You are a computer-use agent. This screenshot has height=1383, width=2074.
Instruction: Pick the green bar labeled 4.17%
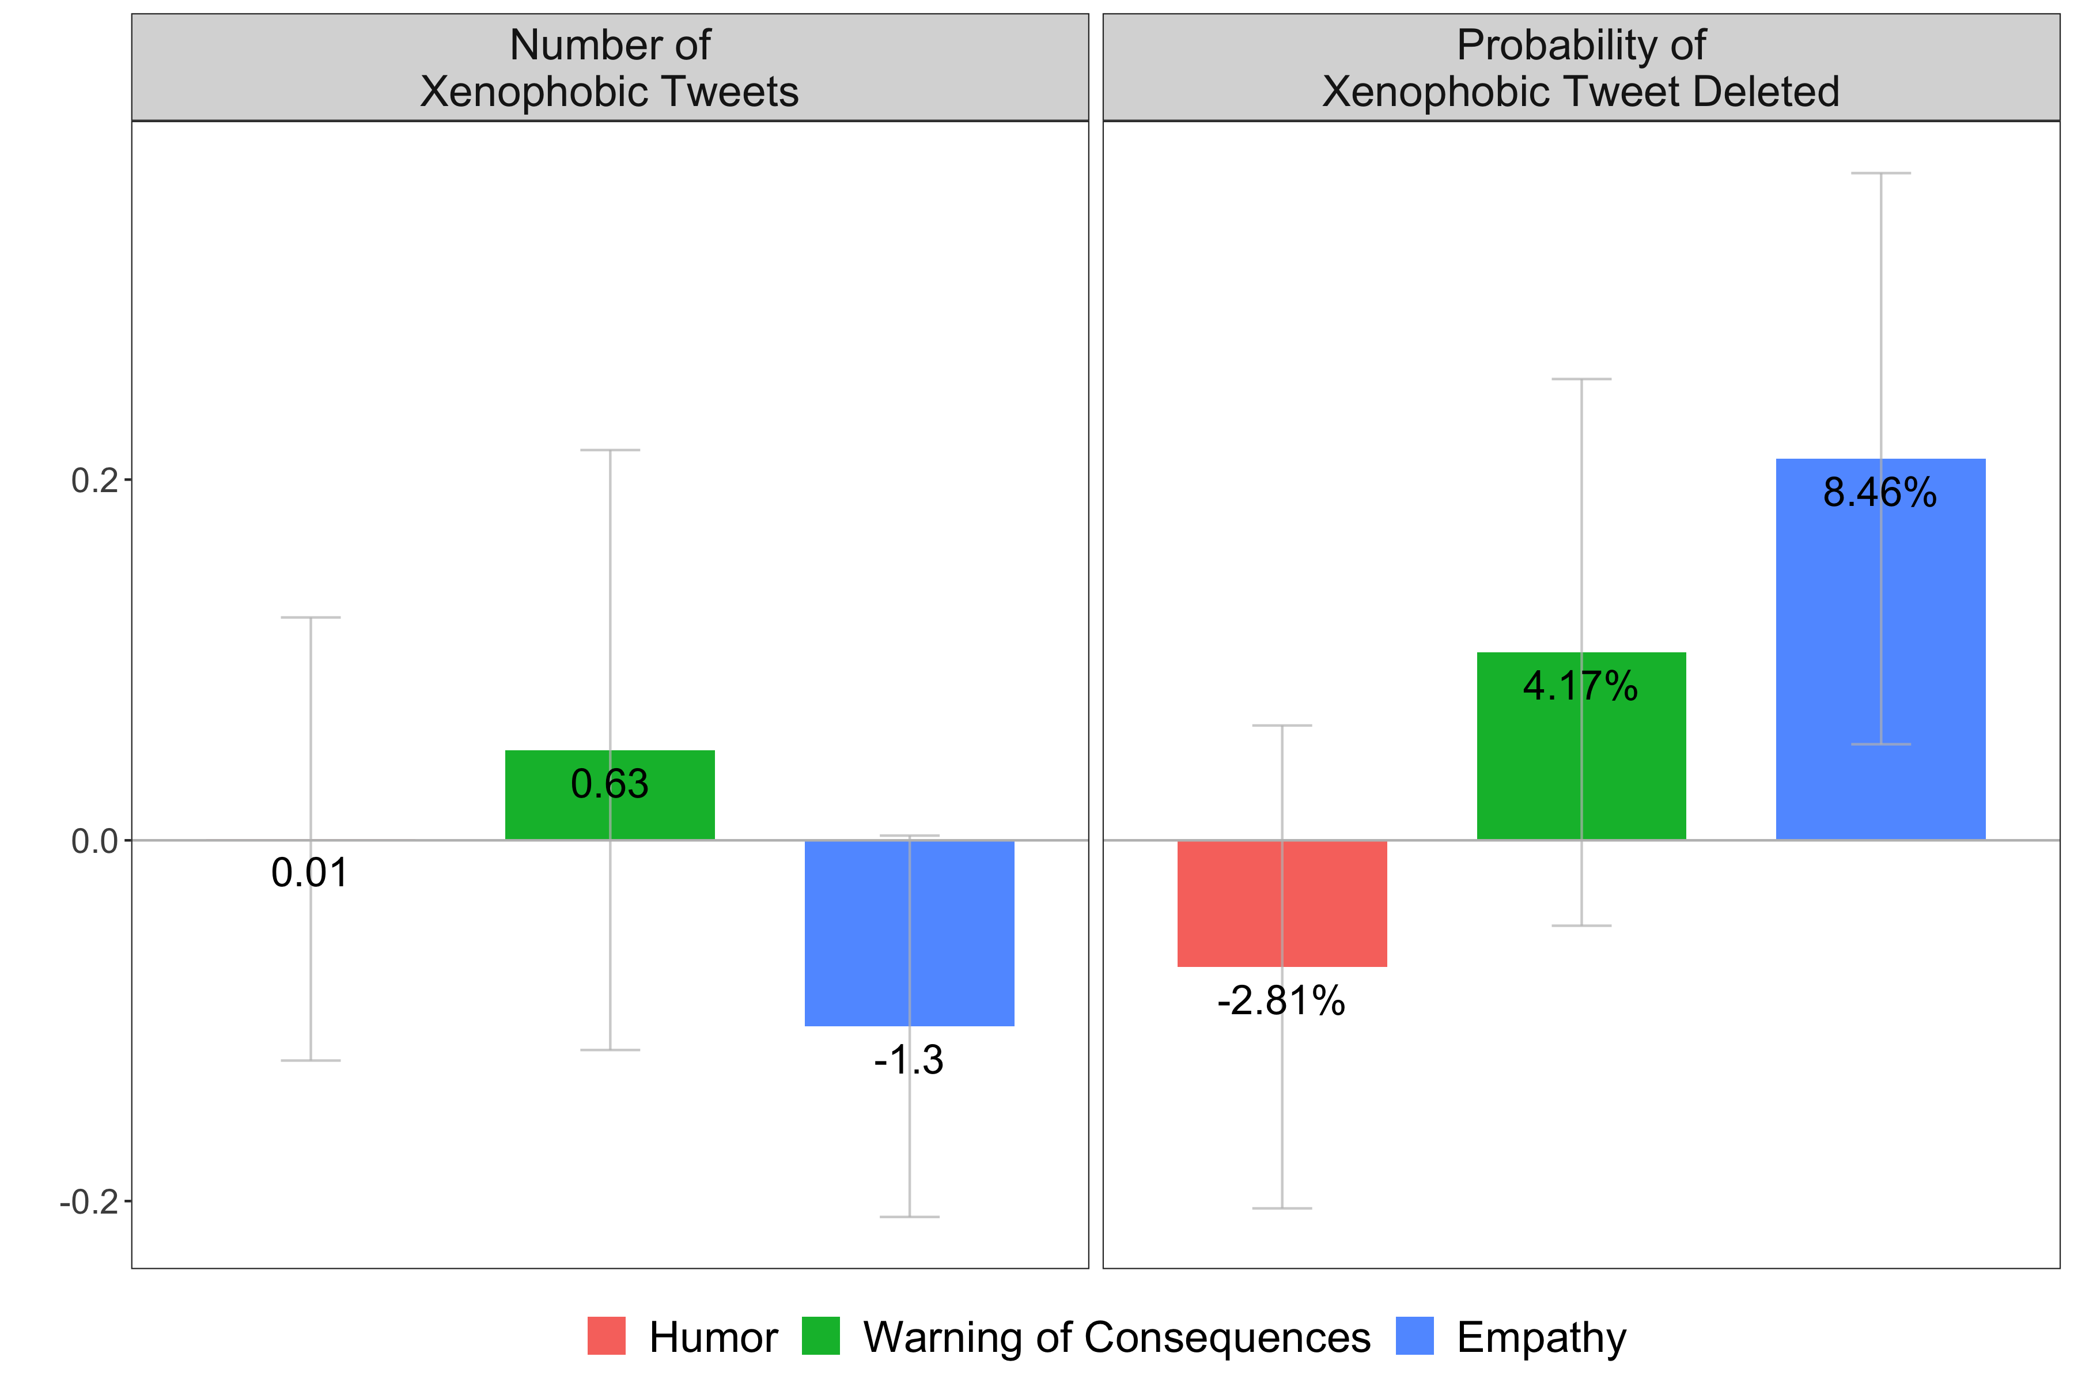1534,768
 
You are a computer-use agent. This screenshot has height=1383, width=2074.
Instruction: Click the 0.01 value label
311,873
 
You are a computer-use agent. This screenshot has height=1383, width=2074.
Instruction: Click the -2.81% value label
1281,1001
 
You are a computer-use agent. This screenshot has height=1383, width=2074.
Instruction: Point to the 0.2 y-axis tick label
94,481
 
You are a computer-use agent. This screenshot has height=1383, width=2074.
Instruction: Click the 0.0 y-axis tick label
94,841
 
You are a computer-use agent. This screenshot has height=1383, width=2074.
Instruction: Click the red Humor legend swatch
607,1336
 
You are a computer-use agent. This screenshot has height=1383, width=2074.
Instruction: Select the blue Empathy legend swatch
1414,1336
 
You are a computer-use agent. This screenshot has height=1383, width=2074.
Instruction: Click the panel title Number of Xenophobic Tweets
610,68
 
